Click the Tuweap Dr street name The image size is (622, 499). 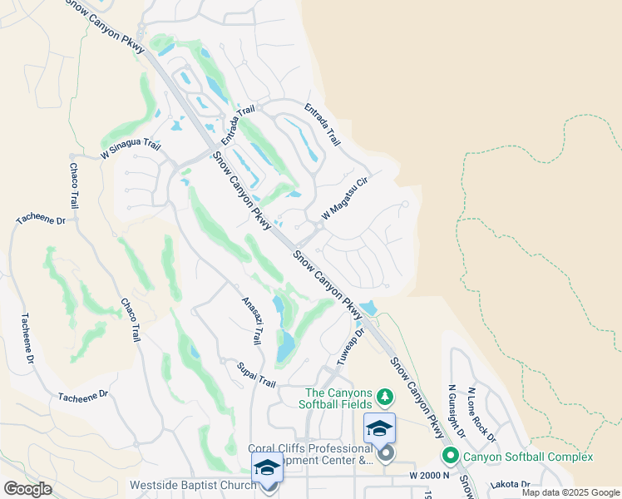coord(351,347)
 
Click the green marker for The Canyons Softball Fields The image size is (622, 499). coord(384,394)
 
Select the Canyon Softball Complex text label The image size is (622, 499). coord(528,457)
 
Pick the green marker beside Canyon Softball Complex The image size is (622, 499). coord(451,456)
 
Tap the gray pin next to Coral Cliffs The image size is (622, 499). coord(385,454)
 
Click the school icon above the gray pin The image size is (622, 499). coord(379,428)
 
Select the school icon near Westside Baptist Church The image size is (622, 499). coord(268,467)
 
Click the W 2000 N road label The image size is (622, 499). coord(428,474)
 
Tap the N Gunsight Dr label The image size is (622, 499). coord(457,403)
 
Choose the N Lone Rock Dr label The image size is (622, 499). coord(482,414)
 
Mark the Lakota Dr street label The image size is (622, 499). coord(511,484)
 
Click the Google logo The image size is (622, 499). coord(27,489)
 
